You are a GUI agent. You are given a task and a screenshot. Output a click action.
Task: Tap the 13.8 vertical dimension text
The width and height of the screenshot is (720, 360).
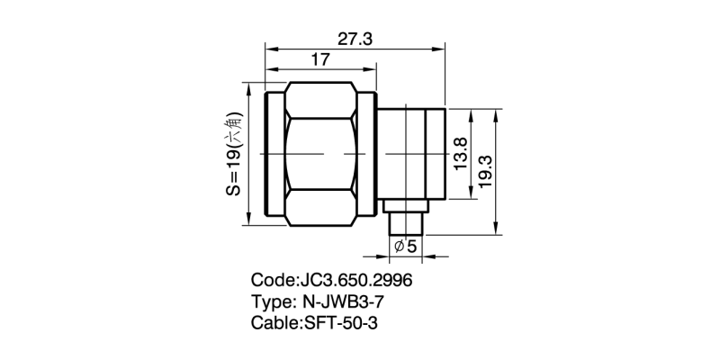coord(460,155)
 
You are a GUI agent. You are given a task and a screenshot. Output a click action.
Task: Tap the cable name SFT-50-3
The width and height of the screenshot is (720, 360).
coord(346,321)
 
